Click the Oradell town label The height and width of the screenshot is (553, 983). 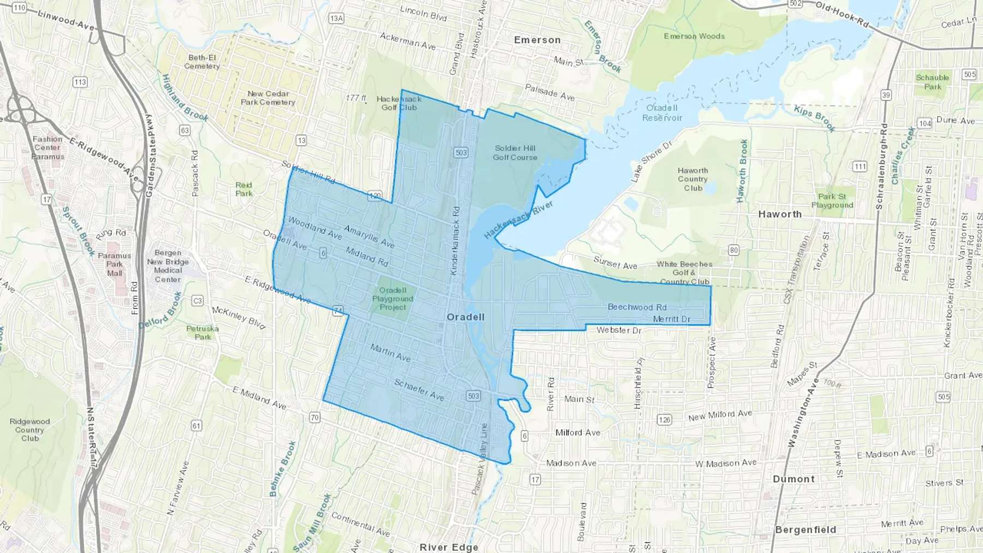point(465,317)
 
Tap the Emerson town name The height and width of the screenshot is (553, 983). point(537,40)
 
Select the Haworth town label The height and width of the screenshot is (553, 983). point(780,215)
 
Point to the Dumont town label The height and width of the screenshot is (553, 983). point(793,479)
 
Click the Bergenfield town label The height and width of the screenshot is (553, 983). point(806,530)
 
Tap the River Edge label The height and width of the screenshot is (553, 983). point(449,547)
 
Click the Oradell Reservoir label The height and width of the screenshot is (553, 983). point(662,112)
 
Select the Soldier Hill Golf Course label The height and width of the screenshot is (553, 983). point(515,152)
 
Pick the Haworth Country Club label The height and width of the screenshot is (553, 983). point(692,179)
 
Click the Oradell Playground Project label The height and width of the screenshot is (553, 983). point(393,299)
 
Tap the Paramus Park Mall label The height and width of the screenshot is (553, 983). point(115,264)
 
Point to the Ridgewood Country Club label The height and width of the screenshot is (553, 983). point(30,430)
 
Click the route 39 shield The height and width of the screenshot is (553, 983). point(886,95)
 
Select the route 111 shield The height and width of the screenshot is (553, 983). point(860,167)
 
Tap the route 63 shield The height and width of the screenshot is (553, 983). point(185,130)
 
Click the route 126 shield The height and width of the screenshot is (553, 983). point(664,420)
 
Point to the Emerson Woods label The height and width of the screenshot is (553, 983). point(694,36)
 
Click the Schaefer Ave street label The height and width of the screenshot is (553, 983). point(419,390)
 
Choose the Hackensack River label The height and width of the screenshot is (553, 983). point(518,219)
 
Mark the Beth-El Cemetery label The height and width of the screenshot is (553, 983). point(202,62)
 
